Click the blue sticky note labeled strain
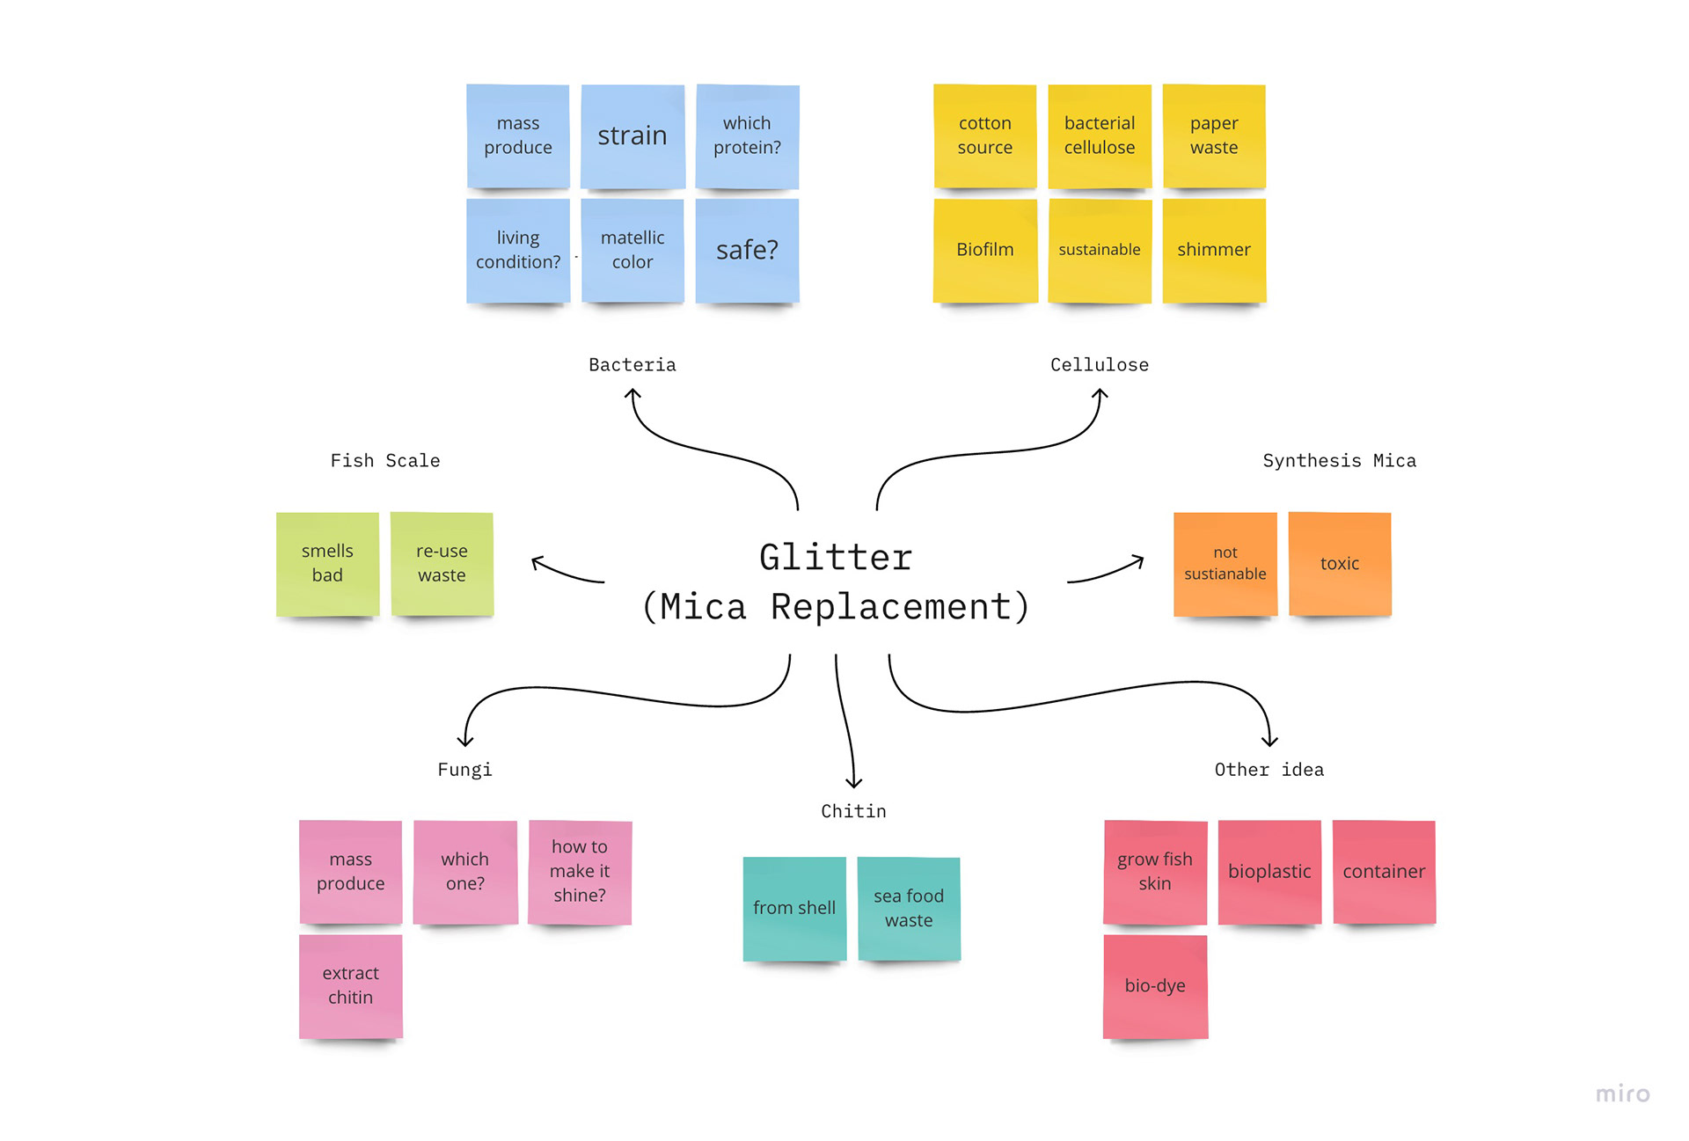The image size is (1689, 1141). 632,135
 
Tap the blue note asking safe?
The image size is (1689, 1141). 747,250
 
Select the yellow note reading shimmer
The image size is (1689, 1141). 1214,250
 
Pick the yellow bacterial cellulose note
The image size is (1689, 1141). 1100,135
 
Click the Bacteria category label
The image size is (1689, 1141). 632,365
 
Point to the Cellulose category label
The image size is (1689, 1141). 1100,365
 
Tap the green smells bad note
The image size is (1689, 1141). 327,563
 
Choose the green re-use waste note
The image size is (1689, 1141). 442,563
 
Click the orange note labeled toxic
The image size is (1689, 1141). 1340,563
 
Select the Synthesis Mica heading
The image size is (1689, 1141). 1340,461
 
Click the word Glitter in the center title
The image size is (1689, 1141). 836,558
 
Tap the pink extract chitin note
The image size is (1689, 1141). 350,985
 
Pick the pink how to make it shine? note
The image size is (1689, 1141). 580,871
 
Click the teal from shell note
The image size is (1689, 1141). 794,908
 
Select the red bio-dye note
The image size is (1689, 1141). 1155,985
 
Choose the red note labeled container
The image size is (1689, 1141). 1384,871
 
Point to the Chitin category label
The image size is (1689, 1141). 853,811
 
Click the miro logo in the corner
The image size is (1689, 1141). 1623,1093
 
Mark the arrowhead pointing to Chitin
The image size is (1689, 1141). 853,782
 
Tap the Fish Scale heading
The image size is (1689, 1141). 385,461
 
